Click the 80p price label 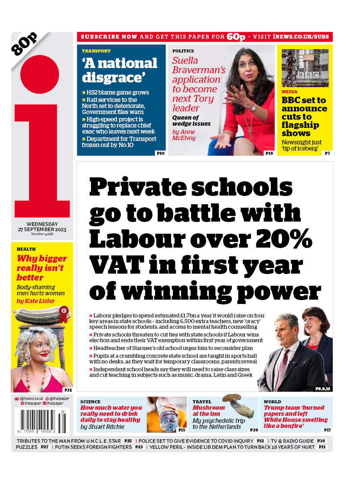25,44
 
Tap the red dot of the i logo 39,74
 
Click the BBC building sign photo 305,69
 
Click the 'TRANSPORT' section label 96,51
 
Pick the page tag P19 269,153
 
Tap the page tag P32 68,390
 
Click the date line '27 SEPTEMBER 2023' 42,229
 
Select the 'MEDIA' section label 289,92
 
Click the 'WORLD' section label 272,402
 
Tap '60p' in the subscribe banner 236,37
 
